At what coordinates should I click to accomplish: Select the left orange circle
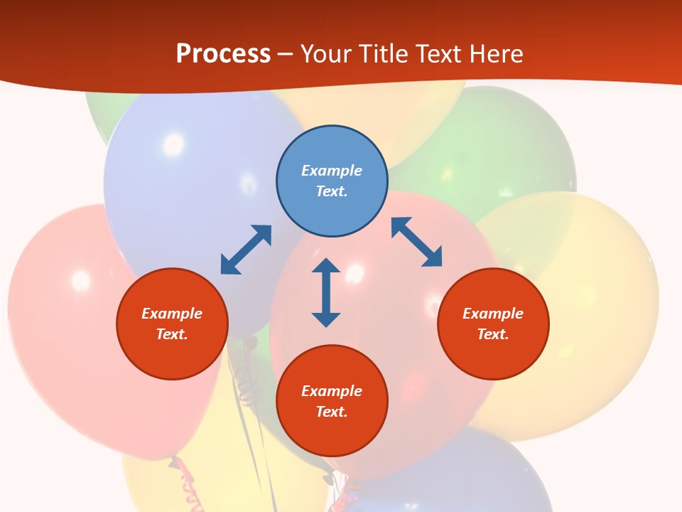coord(172,324)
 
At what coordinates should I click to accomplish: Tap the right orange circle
coord(493,324)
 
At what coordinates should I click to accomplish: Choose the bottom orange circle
coord(332,401)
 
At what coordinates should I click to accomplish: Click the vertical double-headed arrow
coord(326,292)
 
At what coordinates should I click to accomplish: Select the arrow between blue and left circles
coord(246,250)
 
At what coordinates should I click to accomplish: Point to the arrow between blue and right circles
coord(416,242)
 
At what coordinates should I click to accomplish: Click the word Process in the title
coord(223,53)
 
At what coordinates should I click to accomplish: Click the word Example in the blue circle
coord(332,171)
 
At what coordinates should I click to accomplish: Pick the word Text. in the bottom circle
coord(332,412)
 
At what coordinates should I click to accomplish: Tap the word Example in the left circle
coord(172,314)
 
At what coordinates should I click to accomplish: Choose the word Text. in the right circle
coord(493,334)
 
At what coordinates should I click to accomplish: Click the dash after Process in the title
coord(285,55)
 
